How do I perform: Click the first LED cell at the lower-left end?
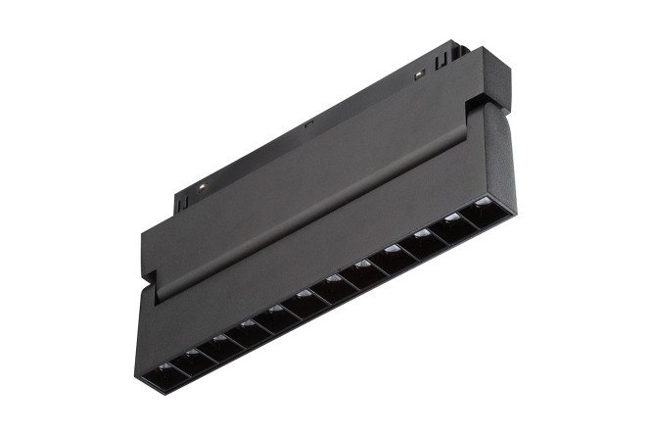coord(164,370)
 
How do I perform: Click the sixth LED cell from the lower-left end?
coord(307,300)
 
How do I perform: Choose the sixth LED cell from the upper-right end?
coord(336,285)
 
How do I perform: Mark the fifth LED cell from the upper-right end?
coord(364,271)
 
